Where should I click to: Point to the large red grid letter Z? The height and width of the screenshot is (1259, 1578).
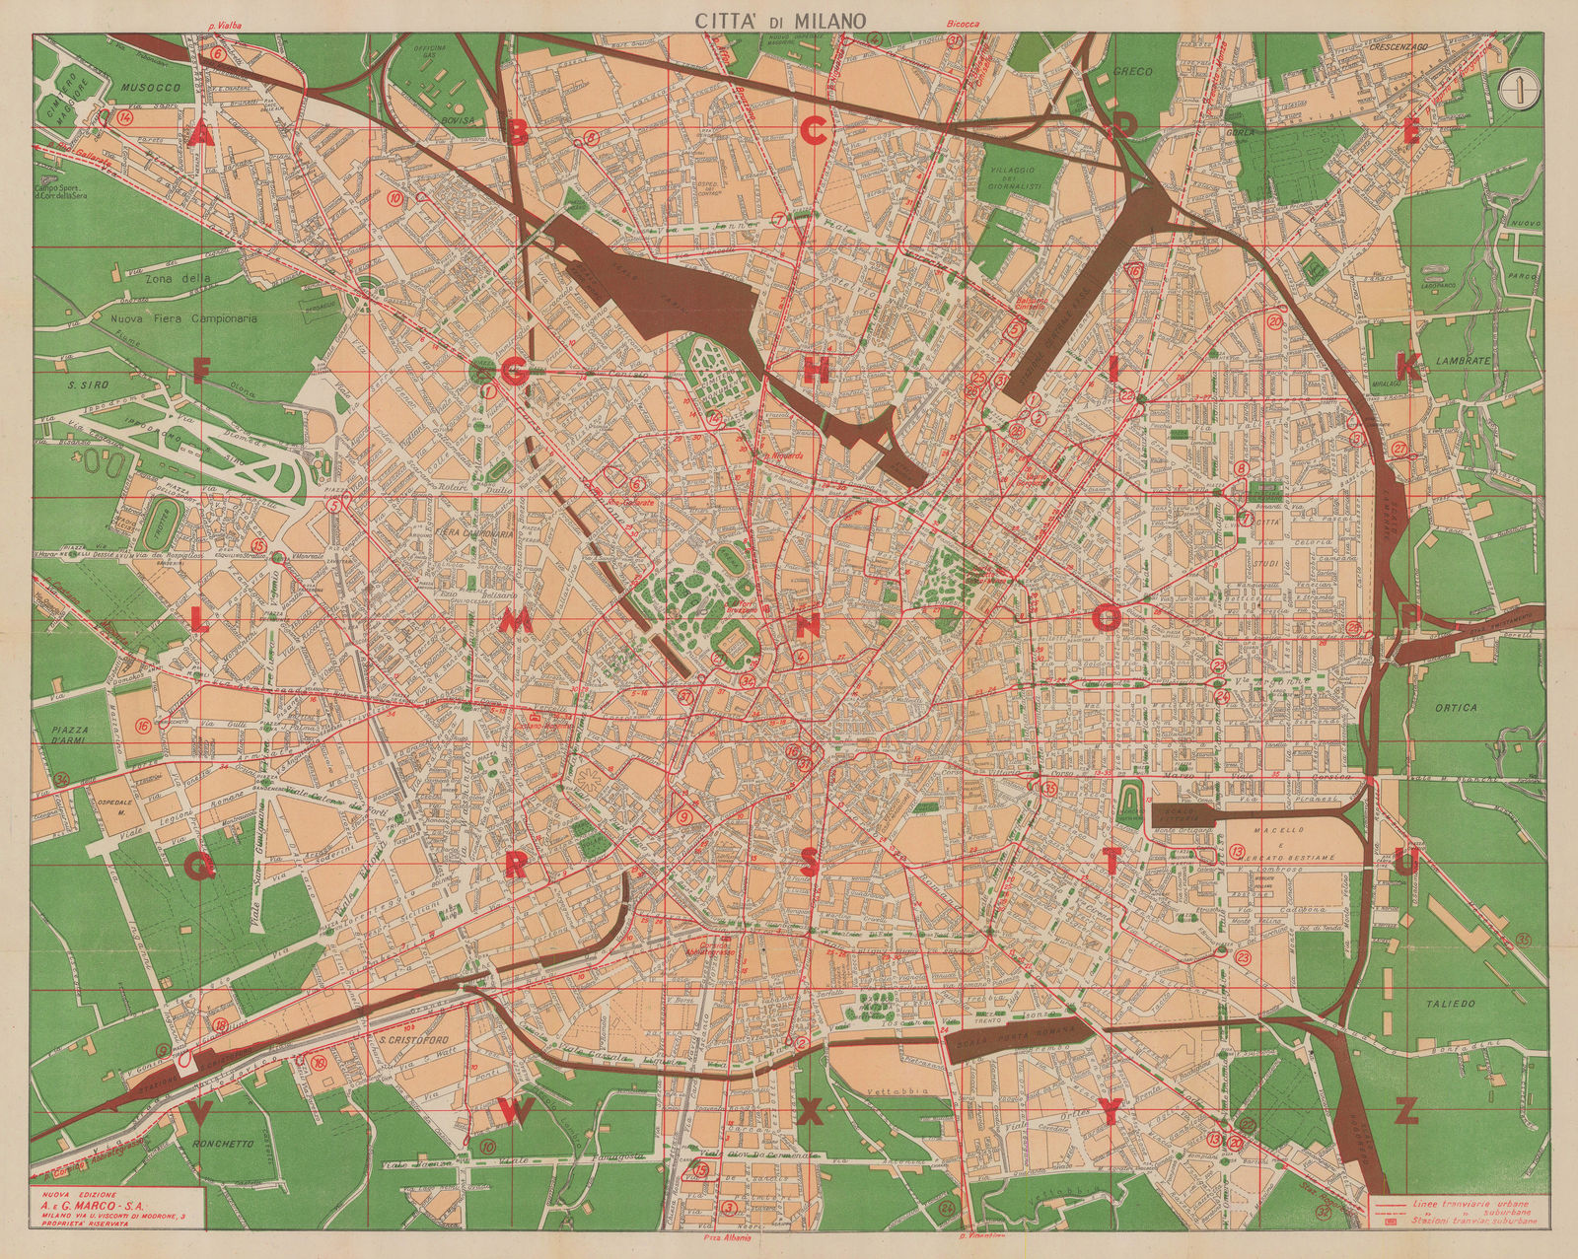[x=1407, y=1113]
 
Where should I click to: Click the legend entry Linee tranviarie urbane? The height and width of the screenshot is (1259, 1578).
[x=1468, y=1204]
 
